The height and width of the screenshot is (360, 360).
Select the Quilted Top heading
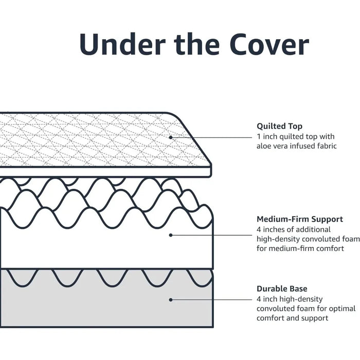(279, 126)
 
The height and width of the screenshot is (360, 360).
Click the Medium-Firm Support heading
(300, 219)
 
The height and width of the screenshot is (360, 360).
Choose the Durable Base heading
(282, 289)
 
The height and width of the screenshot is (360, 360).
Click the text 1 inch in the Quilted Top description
(267, 136)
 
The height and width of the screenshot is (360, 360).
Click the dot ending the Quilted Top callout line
(171, 137)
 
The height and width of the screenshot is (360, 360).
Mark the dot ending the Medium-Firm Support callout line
(171, 235)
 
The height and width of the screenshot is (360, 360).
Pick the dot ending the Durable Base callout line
(171, 299)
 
